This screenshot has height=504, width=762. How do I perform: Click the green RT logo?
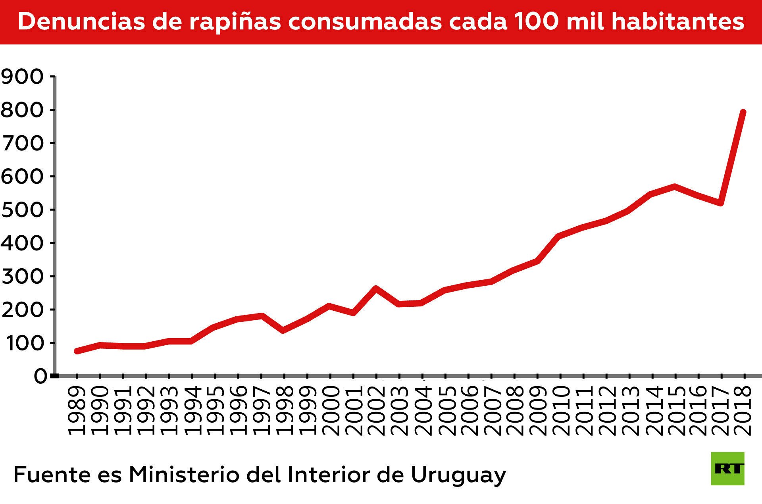727,468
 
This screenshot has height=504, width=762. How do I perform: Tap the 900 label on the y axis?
22,77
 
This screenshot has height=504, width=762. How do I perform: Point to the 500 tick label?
22,210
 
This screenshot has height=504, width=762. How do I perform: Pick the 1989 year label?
77,410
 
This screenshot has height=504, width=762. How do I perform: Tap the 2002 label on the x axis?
375,410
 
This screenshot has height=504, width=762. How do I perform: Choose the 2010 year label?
560,410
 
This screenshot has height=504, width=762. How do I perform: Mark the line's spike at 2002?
375,288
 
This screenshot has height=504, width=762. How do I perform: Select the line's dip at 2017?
720,203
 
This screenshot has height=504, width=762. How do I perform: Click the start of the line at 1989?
77,351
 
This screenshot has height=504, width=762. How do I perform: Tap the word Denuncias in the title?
81,21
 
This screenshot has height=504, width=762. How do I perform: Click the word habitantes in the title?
677,21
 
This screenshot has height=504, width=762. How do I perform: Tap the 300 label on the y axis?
22,276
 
